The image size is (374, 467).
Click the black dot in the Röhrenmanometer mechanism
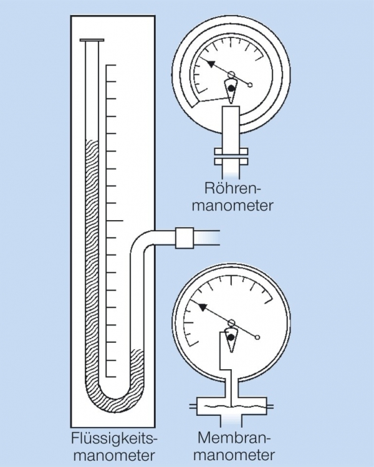pos(231,89)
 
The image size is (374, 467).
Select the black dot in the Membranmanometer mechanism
pos(231,337)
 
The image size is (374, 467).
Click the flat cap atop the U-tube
pos(92,42)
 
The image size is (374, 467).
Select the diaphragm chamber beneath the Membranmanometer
pos(231,406)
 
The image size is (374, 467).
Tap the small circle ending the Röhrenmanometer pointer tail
pos(252,85)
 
